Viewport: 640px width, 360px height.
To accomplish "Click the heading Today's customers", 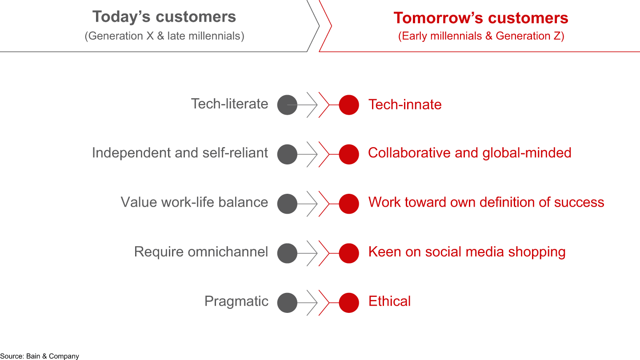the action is (164, 16).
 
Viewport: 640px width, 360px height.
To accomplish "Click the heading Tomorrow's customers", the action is (481, 18).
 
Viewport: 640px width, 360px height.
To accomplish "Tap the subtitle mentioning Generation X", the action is (164, 36).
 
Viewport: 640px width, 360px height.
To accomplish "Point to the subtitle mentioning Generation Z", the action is (481, 36).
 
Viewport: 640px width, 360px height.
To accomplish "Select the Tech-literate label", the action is (230, 104).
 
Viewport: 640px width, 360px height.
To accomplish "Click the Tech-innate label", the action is (405, 104).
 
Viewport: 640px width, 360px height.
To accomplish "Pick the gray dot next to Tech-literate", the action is (287, 105).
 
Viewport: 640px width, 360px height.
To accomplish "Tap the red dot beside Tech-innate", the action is (349, 105).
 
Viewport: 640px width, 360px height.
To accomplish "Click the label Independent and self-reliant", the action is (180, 152).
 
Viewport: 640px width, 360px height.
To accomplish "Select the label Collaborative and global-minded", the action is (470, 152).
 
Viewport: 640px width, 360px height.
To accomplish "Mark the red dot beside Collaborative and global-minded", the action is (349, 154).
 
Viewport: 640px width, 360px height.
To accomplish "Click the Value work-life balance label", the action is (194, 202).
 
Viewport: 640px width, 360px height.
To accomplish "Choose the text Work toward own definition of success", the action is (486, 202).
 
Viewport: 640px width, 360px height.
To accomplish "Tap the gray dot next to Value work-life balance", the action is (287, 204).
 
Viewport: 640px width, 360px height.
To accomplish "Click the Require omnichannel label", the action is (201, 252).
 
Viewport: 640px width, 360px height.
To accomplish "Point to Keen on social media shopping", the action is (467, 252).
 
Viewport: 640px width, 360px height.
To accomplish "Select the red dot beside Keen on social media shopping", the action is (349, 253).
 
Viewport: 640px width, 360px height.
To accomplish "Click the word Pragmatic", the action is (236, 301).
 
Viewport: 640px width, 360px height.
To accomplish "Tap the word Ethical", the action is (389, 301).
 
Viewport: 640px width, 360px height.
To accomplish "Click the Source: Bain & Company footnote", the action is (40, 356).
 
